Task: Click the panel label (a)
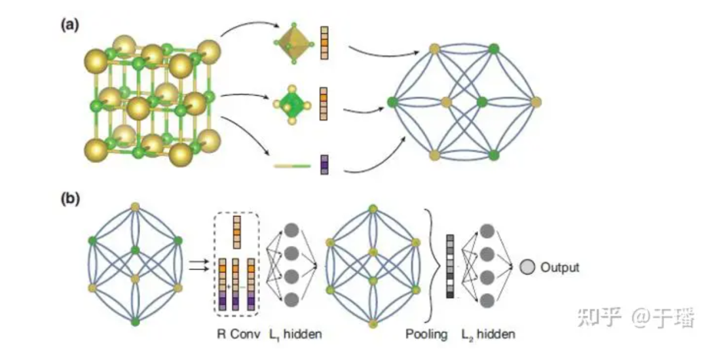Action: coord(70,25)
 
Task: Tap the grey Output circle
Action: coord(527,267)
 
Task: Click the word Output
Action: coord(560,267)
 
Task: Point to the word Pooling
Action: coord(426,334)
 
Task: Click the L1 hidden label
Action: coord(295,334)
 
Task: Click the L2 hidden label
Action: coord(488,334)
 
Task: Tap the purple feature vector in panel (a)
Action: coord(324,164)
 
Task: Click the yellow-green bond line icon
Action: coord(291,167)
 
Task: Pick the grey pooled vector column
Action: coord(450,266)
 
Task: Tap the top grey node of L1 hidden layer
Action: coord(292,230)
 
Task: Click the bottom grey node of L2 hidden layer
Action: coord(487,301)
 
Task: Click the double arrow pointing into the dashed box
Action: coord(197,265)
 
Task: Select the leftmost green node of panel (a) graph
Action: coord(392,101)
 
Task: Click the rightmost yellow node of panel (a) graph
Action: coord(536,101)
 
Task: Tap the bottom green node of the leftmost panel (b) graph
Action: coord(136,322)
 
